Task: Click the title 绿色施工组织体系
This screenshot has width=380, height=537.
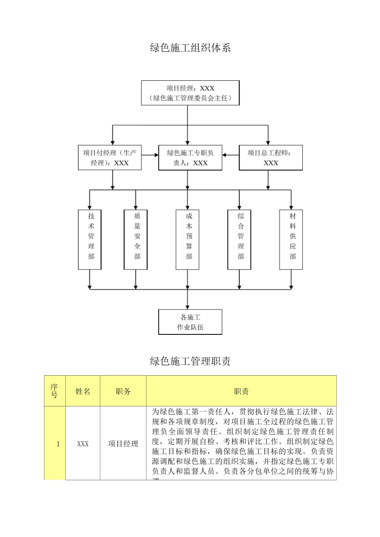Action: click(190, 48)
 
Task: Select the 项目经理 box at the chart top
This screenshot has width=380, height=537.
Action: click(190, 93)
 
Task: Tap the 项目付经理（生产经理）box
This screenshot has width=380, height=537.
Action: click(110, 158)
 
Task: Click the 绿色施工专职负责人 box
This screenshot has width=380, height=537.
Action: click(190, 158)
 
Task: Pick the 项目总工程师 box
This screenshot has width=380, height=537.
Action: click(271, 158)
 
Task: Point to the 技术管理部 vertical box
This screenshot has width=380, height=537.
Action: click(90, 239)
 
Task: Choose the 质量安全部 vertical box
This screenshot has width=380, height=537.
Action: click(136, 239)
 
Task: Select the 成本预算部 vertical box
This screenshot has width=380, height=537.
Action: click(188, 239)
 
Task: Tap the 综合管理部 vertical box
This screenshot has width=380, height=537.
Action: click(239, 239)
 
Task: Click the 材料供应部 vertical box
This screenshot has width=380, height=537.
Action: click(291, 239)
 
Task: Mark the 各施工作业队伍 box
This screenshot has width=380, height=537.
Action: click(190, 322)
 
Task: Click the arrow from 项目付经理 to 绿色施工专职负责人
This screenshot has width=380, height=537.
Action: click(150, 155)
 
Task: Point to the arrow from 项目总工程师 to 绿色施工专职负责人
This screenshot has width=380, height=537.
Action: click(231, 155)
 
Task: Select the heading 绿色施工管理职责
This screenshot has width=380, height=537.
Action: click(190, 362)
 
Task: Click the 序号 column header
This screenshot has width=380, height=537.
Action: click(54, 391)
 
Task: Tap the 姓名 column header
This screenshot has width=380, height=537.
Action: click(83, 391)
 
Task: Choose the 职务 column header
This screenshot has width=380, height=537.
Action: click(123, 391)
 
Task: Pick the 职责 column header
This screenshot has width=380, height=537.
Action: click(241, 391)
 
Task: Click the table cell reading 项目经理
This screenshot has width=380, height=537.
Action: click(123, 444)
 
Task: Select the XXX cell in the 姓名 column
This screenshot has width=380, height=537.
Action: click(83, 444)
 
